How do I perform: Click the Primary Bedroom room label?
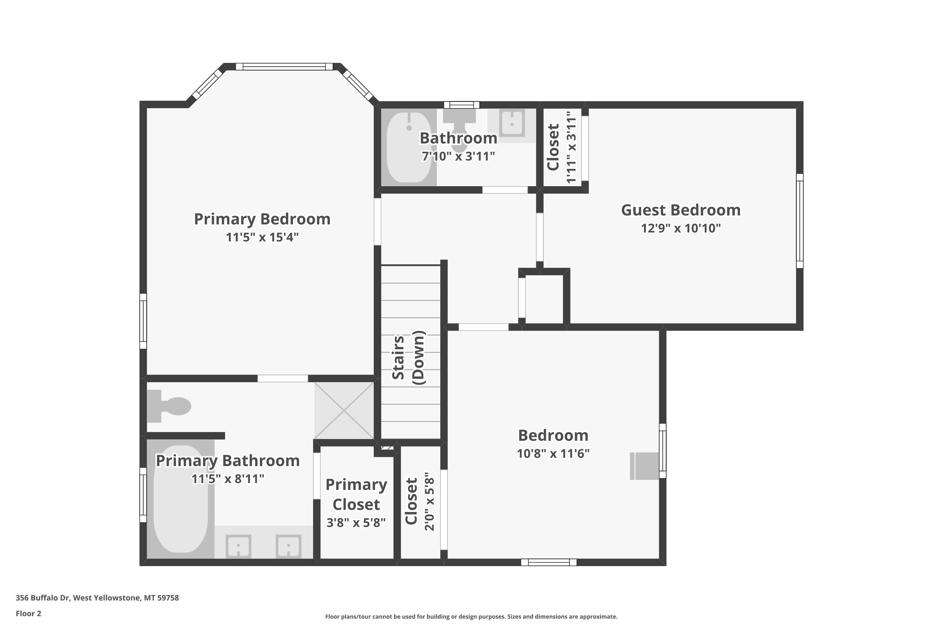point(262,219)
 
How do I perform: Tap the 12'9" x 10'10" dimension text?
point(681,228)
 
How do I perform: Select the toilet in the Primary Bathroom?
point(169,406)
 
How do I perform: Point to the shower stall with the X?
point(344,410)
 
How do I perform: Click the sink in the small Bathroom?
point(512,123)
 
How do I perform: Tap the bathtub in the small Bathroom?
point(409,147)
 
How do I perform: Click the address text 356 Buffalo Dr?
point(43,598)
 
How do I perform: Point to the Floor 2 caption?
point(29,613)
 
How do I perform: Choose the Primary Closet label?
point(356,494)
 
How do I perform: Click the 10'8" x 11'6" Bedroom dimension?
point(553,453)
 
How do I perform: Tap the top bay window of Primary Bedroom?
point(284,67)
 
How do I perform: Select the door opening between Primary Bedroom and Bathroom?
point(283,378)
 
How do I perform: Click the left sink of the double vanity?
point(239,546)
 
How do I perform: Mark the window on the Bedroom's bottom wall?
point(549,562)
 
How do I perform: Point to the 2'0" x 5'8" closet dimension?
point(429,501)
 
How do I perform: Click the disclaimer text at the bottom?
point(471,616)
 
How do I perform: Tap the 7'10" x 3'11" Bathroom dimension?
point(458,156)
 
